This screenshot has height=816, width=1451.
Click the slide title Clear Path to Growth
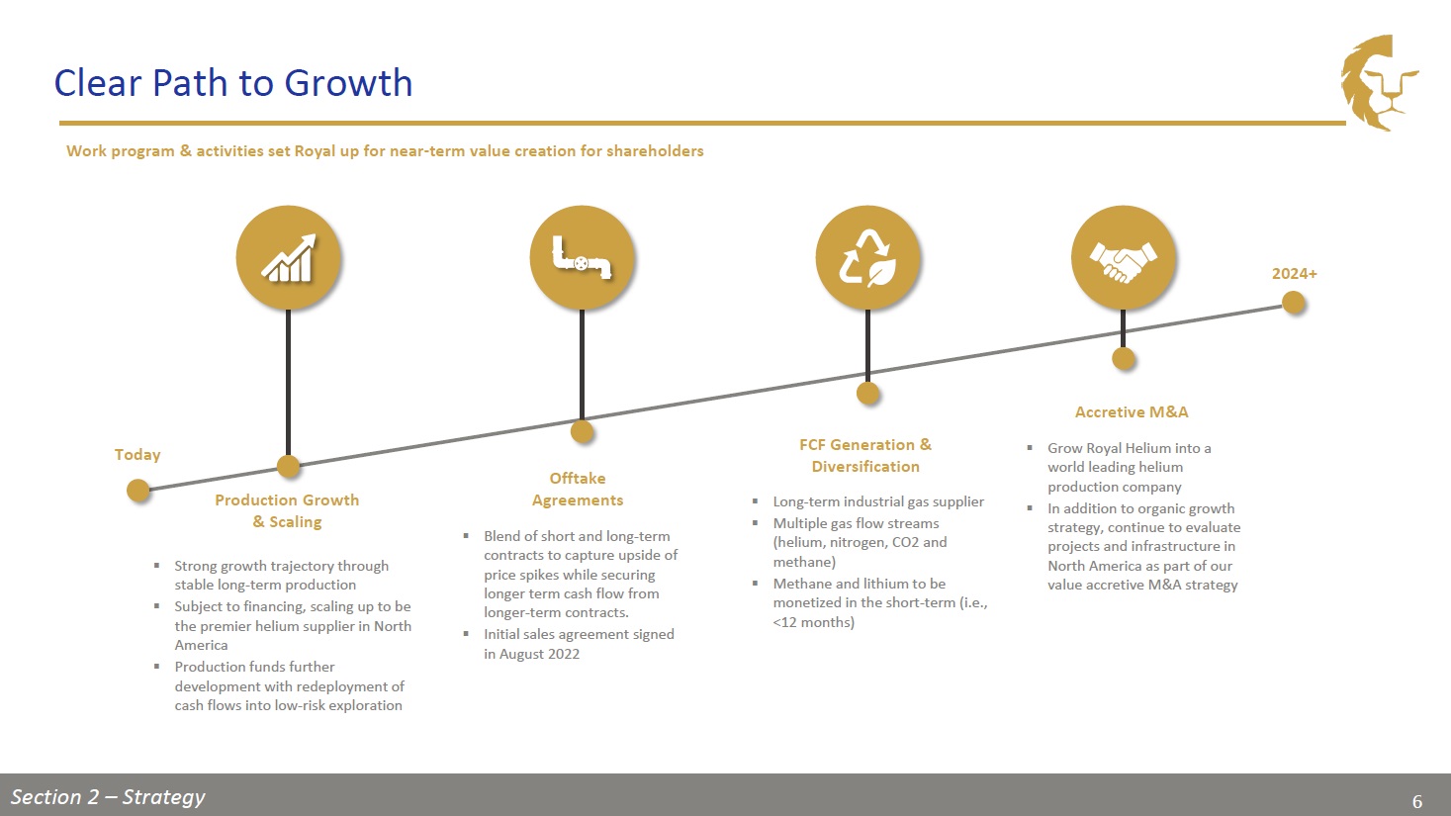coord(233,83)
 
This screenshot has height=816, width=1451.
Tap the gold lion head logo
coord(1379,82)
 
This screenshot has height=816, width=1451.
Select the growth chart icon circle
coord(288,258)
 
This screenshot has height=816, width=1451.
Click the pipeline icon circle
coord(582,258)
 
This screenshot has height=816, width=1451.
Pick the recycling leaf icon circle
coord(867,258)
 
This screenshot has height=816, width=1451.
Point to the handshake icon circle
coord(1124,258)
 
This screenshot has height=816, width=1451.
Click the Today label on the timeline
coord(137,455)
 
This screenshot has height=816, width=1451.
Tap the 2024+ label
coord(1295,273)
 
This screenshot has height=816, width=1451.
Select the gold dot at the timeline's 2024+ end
coord(1294,303)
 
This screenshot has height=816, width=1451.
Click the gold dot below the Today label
coord(137,491)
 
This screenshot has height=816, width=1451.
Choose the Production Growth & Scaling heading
coord(287,511)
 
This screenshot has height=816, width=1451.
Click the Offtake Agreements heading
coord(578,489)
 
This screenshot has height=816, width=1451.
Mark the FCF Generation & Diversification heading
coord(865,455)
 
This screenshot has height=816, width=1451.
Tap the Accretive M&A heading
coord(1132,411)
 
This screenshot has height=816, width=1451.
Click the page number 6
coord(1417,802)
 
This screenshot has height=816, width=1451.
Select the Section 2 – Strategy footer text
coord(108,797)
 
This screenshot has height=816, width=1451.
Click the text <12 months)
coord(814,622)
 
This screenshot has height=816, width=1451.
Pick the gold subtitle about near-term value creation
coord(385,151)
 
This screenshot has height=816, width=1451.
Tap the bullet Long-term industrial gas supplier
coord(878,501)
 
